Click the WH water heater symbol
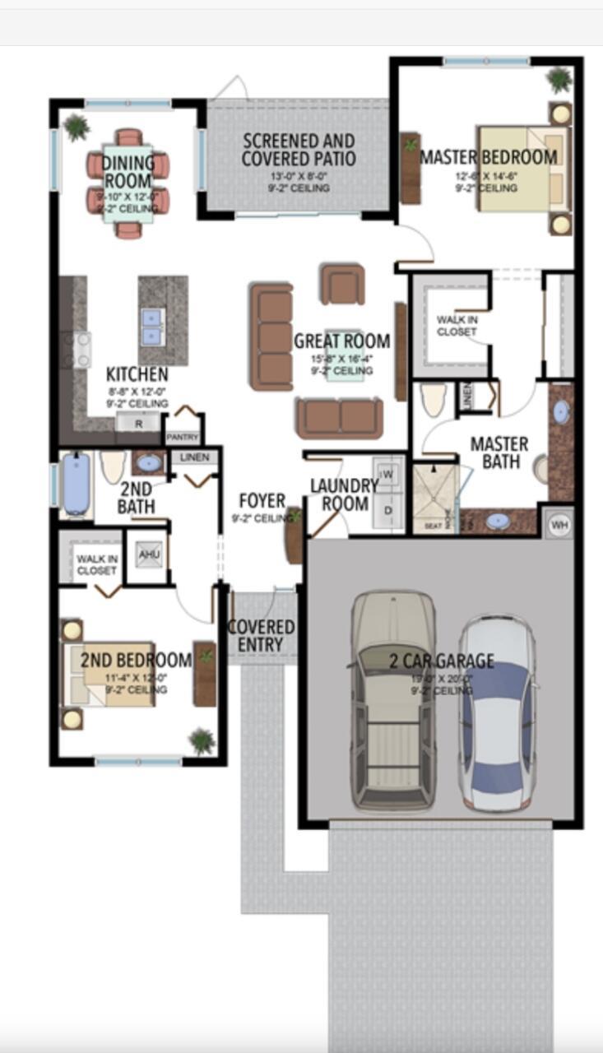tap(560, 524)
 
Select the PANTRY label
tap(183, 437)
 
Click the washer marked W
tap(387, 474)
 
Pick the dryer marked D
tap(387, 509)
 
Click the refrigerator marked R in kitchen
tap(137, 423)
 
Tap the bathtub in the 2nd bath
tap(76, 485)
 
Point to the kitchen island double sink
tap(152, 326)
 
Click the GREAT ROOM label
tap(341, 341)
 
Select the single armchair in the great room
tap(342, 285)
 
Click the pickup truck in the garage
tap(394, 699)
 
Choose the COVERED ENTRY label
tap(261, 637)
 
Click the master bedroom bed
tap(522, 168)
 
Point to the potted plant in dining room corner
tap(77, 128)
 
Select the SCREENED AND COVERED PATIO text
tap(298, 150)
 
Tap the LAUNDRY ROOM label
tap(344, 494)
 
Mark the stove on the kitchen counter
tap(82, 350)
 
